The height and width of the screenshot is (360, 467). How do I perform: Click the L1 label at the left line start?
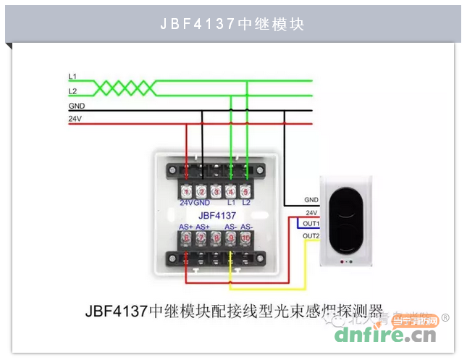(x=72, y=75)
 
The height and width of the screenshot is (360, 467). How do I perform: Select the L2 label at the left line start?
(x=72, y=91)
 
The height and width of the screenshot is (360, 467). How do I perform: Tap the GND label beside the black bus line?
(x=76, y=105)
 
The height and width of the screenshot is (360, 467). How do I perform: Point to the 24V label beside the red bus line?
(x=75, y=117)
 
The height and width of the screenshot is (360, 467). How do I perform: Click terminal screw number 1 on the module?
(x=187, y=191)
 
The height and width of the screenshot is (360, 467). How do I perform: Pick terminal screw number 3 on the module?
(x=216, y=191)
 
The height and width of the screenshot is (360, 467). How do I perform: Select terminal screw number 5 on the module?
(x=245, y=191)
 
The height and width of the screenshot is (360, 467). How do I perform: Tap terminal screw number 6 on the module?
(x=187, y=238)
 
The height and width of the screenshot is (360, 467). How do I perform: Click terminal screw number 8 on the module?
(x=216, y=238)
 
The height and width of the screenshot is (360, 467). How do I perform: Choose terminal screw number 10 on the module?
(x=245, y=238)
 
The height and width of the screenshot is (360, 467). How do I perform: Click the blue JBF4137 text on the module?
(x=216, y=215)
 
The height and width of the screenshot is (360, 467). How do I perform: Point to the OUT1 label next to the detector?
(x=311, y=223)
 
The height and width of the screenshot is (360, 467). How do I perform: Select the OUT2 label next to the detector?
(x=311, y=236)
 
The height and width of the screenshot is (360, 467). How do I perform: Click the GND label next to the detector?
(x=311, y=199)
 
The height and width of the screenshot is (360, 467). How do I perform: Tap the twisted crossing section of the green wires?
(x=125, y=88)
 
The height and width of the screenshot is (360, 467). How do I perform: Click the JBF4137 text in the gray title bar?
(x=198, y=24)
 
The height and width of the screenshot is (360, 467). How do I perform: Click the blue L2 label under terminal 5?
(x=246, y=204)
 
